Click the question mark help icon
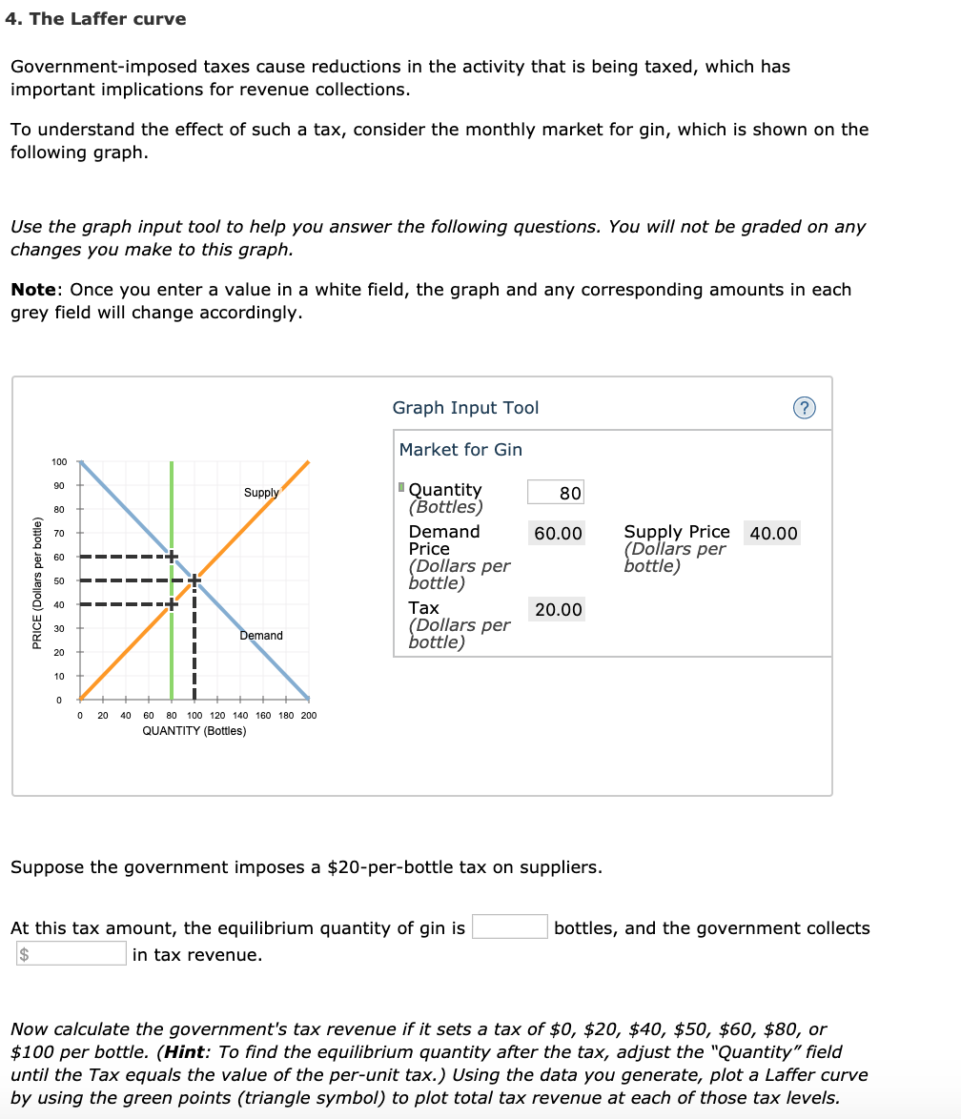[805, 408]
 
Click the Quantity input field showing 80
[556, 493]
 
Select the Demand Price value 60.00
[558, 534]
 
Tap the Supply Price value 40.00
[773, 534]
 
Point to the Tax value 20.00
[558, 610]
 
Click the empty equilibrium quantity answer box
[509, 927]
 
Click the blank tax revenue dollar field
[70, 954]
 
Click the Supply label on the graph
[260, 493]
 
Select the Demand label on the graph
[260, 636]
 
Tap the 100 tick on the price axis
[59, 462]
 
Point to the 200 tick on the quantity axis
[308, 715]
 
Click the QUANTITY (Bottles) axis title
[194, 731]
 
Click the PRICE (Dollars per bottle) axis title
[36, 581]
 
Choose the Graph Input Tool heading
[465, 408]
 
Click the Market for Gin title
[460, 450]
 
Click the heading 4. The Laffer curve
[95, 19]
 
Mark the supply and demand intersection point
[194, 580]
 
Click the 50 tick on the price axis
[59, 580]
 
